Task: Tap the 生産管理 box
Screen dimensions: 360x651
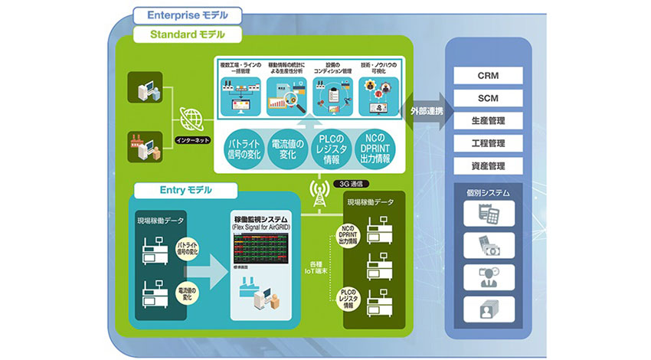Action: tap(489, 120)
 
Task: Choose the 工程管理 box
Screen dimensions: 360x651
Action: tap(489, 142)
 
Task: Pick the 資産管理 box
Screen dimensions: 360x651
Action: tap(489, 165)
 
